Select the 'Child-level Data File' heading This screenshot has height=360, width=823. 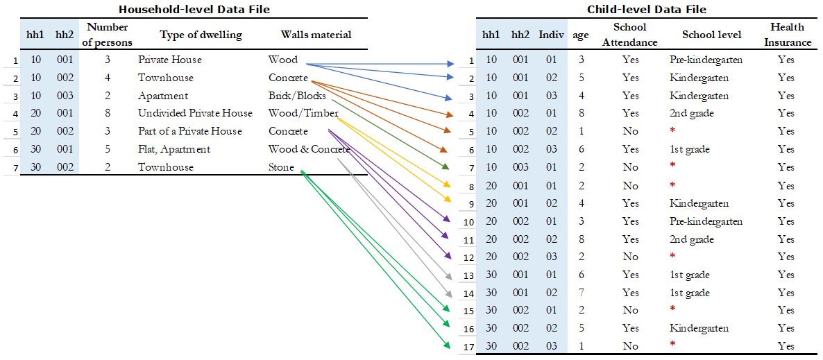(x=646, y=10)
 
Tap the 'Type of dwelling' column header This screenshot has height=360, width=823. (x=201, y=35)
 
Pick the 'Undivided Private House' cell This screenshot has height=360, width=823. (x=195, y=113)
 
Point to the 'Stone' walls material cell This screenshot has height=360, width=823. (x=281, y=167)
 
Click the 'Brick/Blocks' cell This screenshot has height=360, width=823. (x=297, y=96)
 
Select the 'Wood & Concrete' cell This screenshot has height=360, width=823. (x=309, y=150)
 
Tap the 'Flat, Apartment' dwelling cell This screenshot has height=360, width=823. (x=174, y=150)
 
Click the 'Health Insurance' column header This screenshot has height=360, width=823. (x=786, y=35)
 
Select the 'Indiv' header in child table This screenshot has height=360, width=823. (x=551, y=35)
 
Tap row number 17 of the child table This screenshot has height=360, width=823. (x=468, y=347)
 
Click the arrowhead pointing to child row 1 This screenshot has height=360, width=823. (x=449, y=64)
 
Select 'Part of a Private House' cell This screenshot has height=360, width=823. (x=190, y=131)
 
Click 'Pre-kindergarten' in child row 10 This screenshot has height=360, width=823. (x=706, y=221)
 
